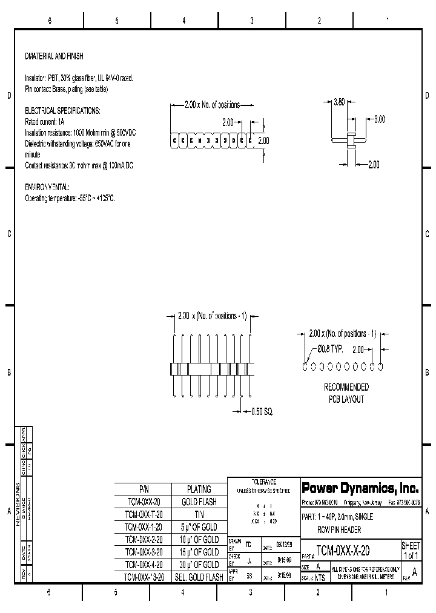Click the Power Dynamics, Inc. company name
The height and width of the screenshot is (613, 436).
point(360,488)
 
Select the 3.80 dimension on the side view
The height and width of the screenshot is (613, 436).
point(339,102)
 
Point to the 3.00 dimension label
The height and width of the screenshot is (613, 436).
point(379,119)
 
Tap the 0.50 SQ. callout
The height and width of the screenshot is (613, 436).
point(262,411)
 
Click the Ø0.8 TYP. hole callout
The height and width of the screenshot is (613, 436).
point(330,350)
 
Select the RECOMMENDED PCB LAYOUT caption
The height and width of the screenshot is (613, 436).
point(346,393)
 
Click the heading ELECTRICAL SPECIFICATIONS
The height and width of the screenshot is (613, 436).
point(62,111)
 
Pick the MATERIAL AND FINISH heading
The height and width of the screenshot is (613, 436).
point(54,56)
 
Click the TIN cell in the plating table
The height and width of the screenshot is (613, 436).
point(199,514)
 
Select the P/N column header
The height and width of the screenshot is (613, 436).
point(144,489)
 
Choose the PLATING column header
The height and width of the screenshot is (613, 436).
point(199,489)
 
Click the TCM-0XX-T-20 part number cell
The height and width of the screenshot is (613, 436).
point(144,514)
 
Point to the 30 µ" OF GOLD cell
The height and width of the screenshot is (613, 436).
point(199,565)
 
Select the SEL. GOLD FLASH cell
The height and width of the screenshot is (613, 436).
point(199,577)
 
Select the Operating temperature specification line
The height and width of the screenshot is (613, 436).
point(70,198)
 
